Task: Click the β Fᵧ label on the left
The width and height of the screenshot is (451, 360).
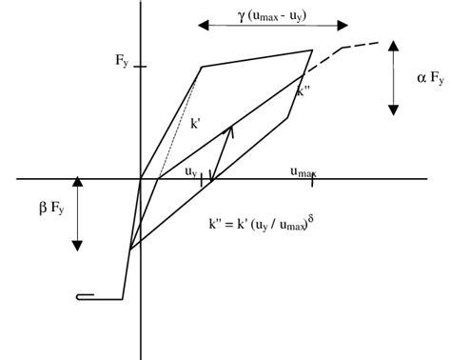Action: [x=48, y=203]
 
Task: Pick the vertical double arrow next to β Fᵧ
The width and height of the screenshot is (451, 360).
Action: [x=80, y=215]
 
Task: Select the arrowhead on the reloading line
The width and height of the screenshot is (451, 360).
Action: [x=229, y=128]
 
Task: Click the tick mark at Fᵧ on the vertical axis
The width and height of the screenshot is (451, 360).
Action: [x=141, y=67]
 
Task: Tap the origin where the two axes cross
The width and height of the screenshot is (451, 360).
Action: [x=141, y=178]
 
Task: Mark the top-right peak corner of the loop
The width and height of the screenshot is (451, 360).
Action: [x=312, y=50]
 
